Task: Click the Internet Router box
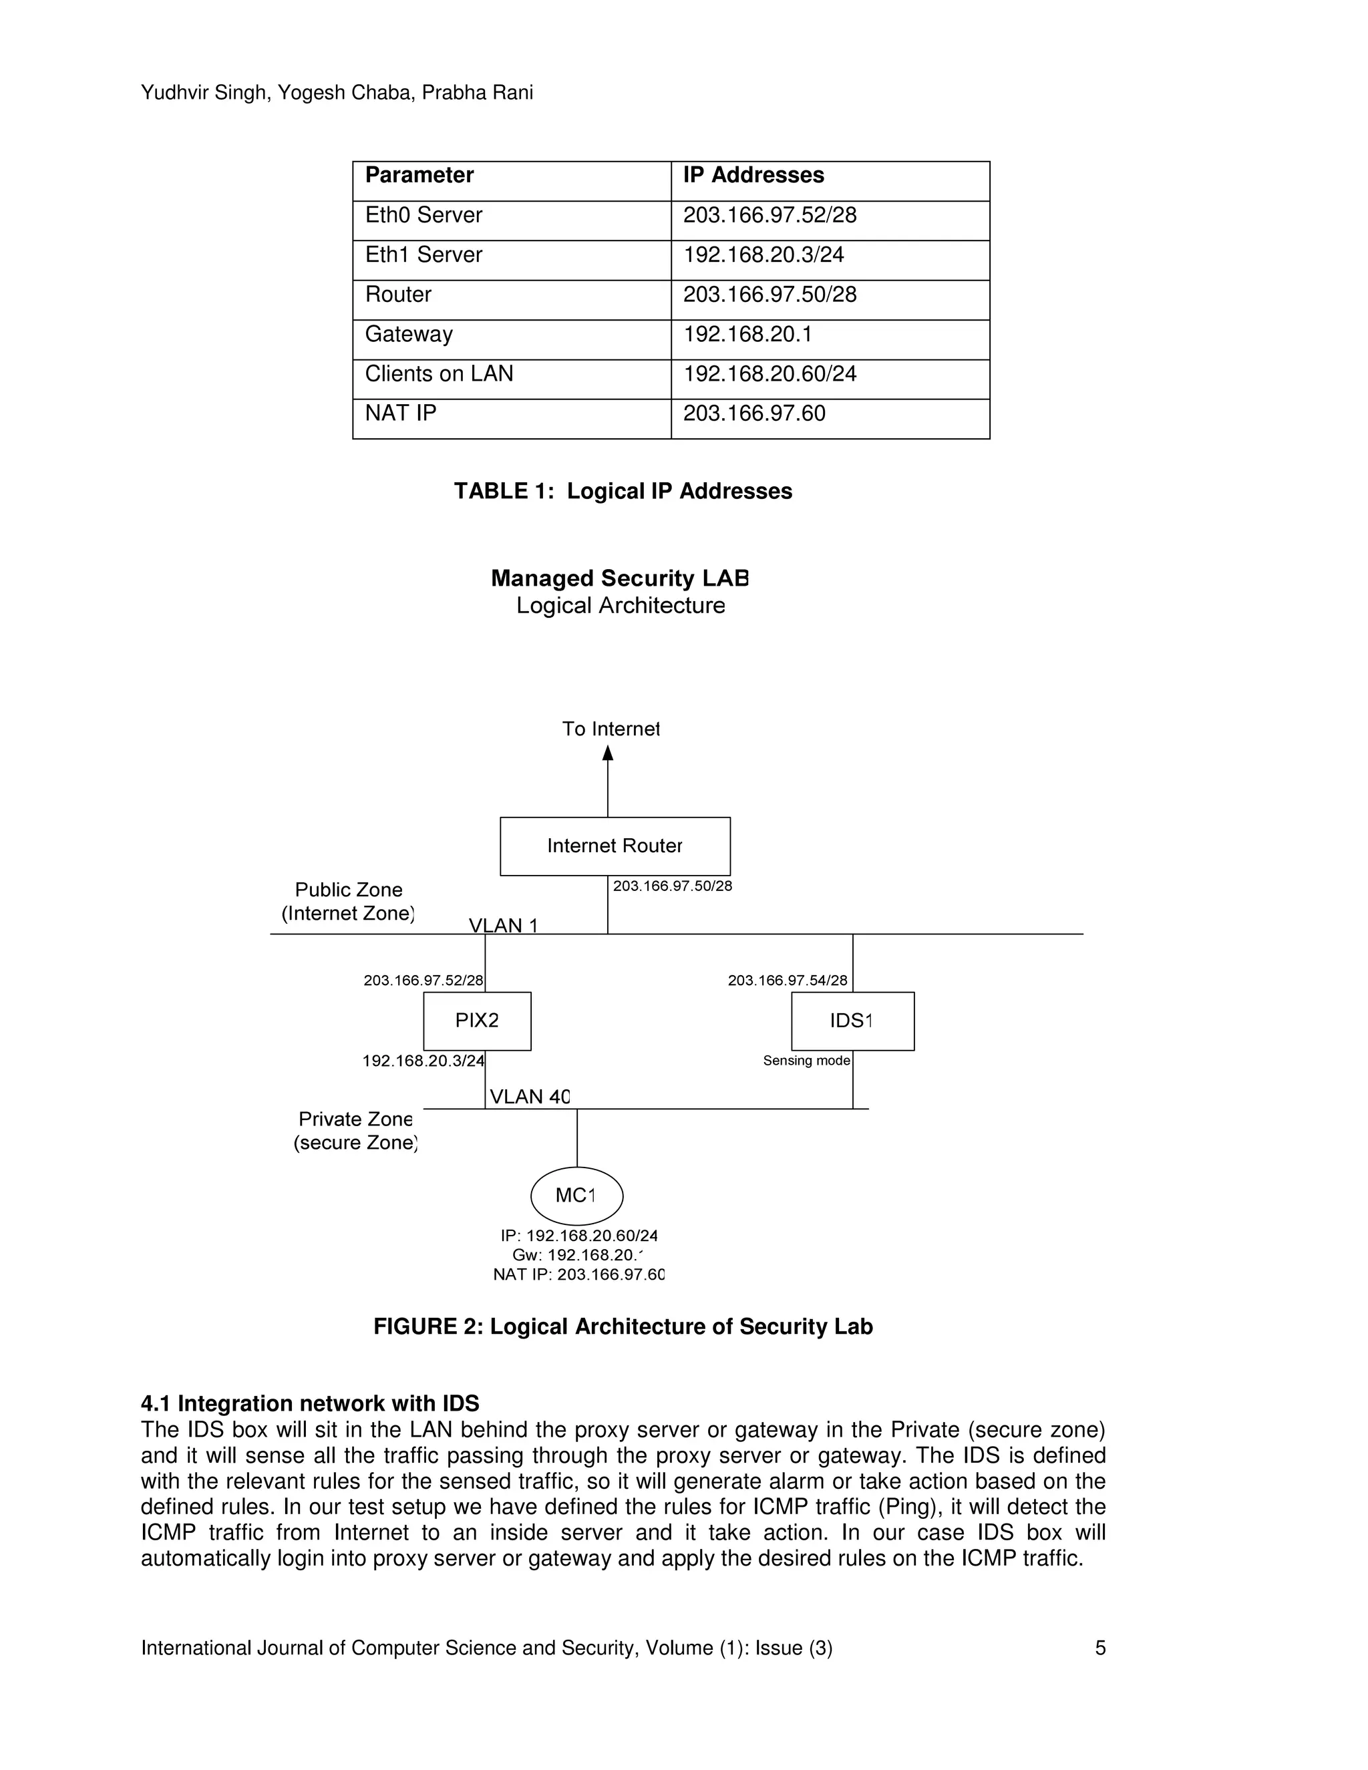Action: click(x=615, y=846)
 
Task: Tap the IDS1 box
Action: click(x=852, y=1021)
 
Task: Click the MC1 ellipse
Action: click(x=576, y=1196)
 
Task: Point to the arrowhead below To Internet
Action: click(x=608, y=753)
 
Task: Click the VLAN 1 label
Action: click(x=502, y=926)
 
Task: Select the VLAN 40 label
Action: click(x=530, y=1097)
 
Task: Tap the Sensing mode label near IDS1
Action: click(x=806, y=1061)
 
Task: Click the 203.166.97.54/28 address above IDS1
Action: click(x=787, y=981)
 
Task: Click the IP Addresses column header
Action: click(x=753, y=175)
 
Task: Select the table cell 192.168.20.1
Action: click(x=747, y=334)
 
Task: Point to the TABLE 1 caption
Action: click(x=623, y=491)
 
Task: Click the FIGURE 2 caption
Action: click(x=623, y=1326)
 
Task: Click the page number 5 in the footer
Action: click(x=1099, y=1648)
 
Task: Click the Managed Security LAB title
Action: click(x=620, y=578)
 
